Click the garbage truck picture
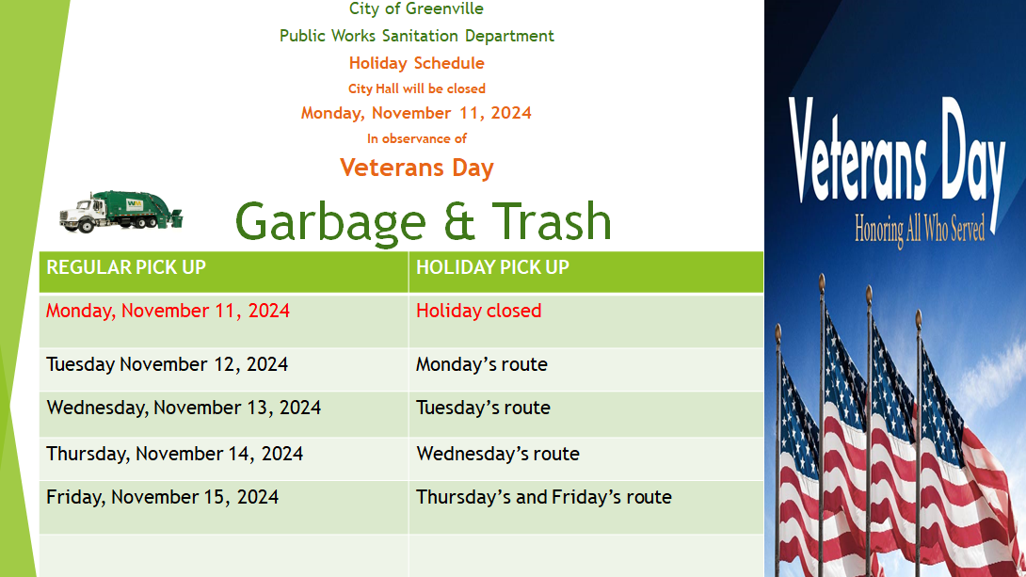(x=121, y=211)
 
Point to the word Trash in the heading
(x=551, y=220)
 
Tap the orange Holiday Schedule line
(x=417, y=63)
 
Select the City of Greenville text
(x=416, y=8)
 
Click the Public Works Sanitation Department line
(x=417, y=36)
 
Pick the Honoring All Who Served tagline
(x=920, y=231)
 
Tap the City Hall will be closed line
(x=417, y=89)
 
